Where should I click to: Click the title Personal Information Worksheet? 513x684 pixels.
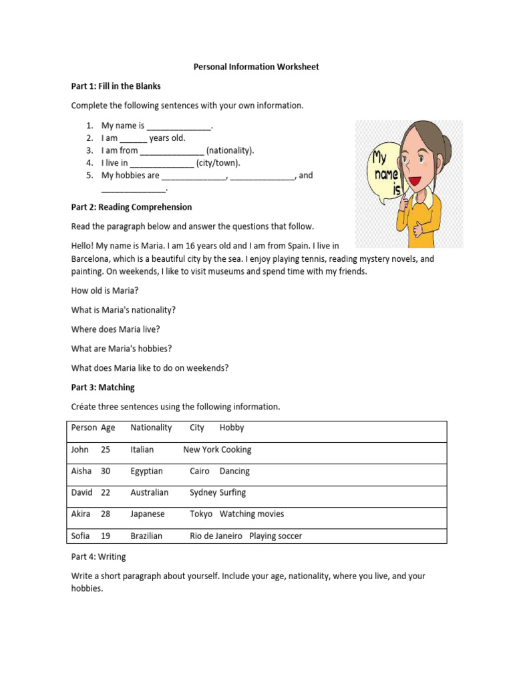pos(256,67)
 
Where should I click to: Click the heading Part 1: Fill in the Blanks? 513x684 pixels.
pos(116,86)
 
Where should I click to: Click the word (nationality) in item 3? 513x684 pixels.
pos(230,150)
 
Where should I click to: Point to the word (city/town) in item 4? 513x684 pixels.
pos(218,163)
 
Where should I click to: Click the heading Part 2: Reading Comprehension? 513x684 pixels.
pos(132,207)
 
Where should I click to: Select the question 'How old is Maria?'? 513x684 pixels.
pos(105,291)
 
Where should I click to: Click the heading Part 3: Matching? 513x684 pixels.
pos(103,387)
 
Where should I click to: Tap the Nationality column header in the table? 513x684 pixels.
pos(151,427)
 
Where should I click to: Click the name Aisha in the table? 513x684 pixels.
pos(81,471)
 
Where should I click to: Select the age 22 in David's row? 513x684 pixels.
pos(106,492)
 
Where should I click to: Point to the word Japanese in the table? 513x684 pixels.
pos(148,514)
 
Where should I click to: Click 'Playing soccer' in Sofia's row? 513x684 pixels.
pos(275,536)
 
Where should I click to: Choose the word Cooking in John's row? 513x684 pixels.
pos(236,450)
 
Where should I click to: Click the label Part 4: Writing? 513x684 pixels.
pos(98,556)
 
